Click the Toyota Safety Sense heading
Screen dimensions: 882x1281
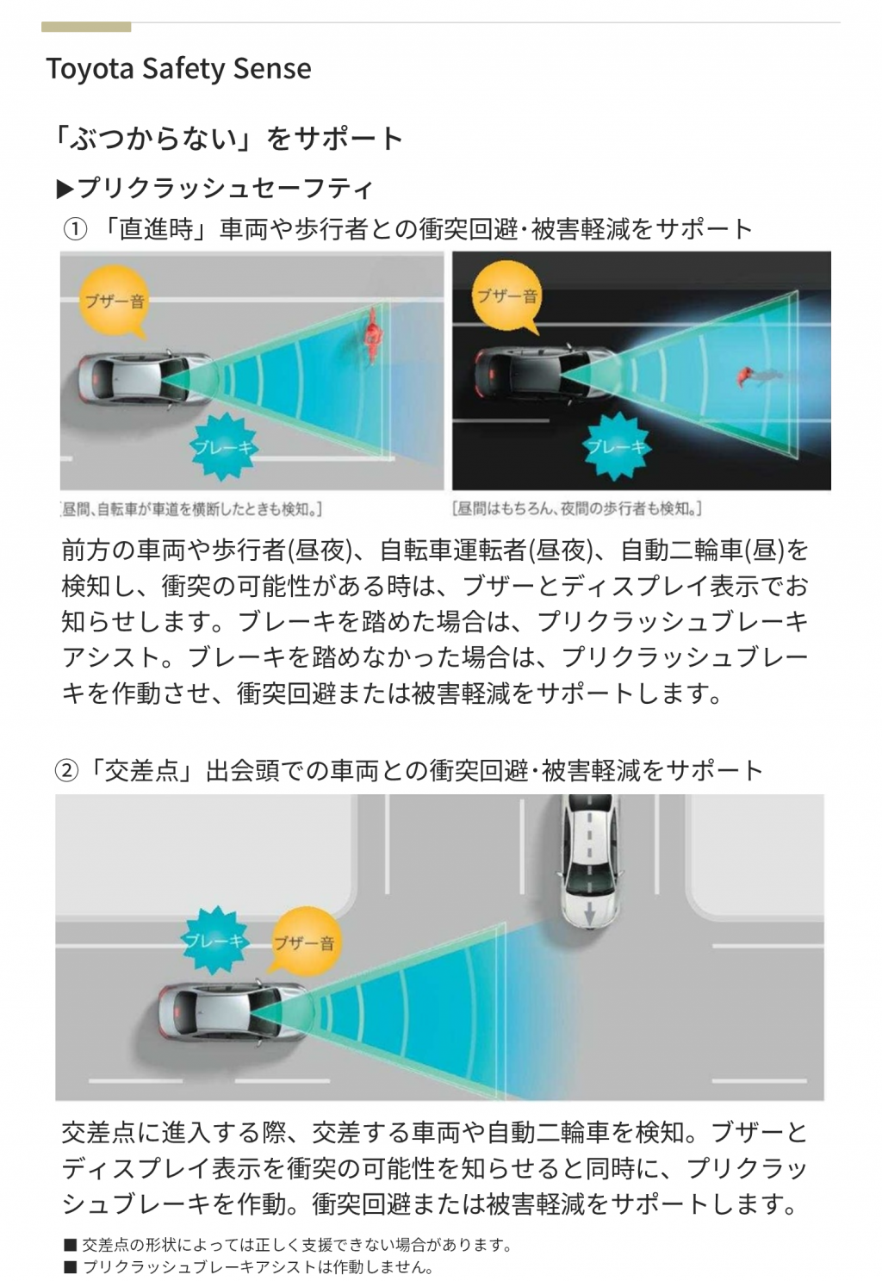pyautogui.click(x=178, y=69)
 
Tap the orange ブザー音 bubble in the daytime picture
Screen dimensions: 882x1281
pyautogui.click(x=114, y=301)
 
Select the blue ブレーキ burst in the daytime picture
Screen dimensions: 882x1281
pyautogui.click(x=223, y=446)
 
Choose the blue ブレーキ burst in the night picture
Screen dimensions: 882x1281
pyautogui.click(x=615, y=446)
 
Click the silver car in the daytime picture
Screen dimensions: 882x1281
pyautogui.click(x=144, y=379)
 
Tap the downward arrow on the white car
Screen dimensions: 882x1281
pyautogui.click(x=589, y=914)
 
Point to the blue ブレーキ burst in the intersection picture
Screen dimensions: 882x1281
pyautogui.click(x=214, y=940)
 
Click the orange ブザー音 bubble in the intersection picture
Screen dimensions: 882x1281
pyautogui.click(x=304, y=942)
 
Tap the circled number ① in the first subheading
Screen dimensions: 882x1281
pyautogui.click(x=74, y=230)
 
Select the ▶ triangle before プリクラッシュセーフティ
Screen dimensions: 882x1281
pyautogui.click(x=65, y=190)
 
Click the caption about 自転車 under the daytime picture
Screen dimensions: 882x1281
pyautogui.click(x=191, y=508)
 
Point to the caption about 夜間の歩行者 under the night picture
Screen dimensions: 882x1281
pyautogui.click(x=576, y=507)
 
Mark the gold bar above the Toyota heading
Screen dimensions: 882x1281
pyautogui.click(x=86, y=27)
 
